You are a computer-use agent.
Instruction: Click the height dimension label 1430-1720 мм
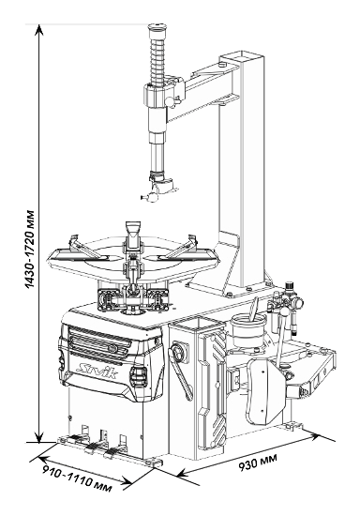[x=30, y=249]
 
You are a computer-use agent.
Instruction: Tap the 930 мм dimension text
[x=258, y=462]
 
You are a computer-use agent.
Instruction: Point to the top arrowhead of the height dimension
[x=39, y=29]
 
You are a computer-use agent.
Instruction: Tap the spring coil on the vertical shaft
[x=157, y=62]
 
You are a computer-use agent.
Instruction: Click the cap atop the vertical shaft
[x=157, y=30]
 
